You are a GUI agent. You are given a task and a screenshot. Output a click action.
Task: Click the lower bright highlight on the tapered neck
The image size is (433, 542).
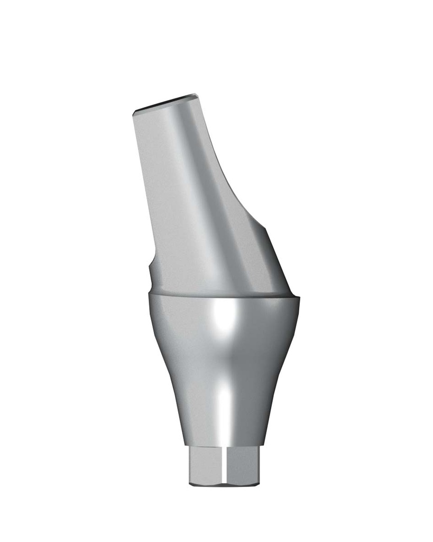tap(225, 408)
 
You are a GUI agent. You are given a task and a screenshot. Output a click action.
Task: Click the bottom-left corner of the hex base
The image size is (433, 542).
tap(191, 483)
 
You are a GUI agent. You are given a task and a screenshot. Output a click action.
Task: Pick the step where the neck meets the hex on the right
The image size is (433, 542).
tap(262, 448)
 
